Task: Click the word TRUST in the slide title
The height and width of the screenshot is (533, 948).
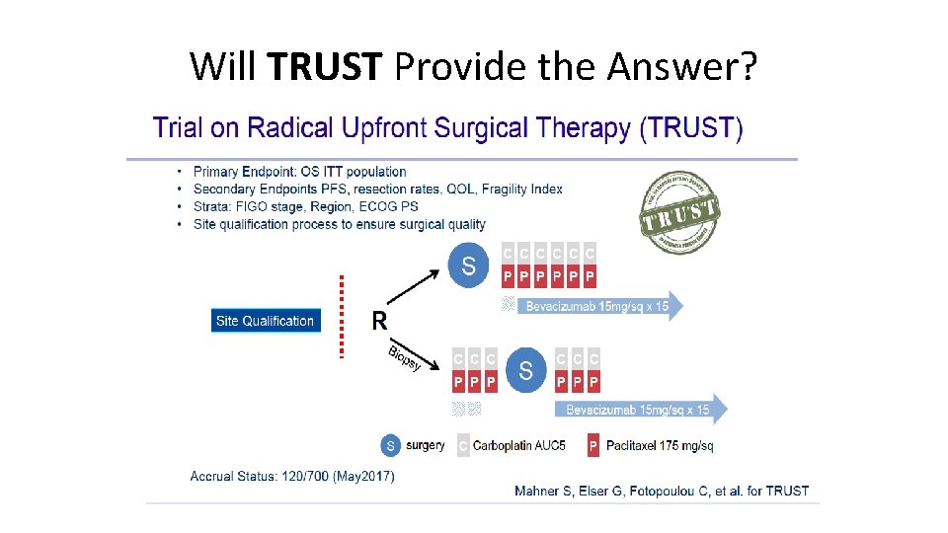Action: point(324,67)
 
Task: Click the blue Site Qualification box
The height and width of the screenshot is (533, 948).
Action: point(266,321)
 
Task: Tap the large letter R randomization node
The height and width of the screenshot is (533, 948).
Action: point(379,320)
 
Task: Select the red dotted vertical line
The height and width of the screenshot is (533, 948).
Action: point(342,316)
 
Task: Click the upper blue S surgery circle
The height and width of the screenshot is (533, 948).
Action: point(468,265)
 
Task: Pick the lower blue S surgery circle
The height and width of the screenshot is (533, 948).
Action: point(525,370)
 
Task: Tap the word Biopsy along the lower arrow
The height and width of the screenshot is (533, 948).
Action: point(405,358)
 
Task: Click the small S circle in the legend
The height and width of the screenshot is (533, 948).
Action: point(391,446)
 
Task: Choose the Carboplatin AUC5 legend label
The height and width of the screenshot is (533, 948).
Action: point(519,446)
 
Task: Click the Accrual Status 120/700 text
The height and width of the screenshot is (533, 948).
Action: point(292,477)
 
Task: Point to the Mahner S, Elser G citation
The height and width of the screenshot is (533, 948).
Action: point(662,491)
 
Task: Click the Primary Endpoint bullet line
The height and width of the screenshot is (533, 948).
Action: point(300,172)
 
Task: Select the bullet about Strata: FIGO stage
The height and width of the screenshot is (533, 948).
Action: point(306,206)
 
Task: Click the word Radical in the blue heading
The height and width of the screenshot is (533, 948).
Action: point(290,128)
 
